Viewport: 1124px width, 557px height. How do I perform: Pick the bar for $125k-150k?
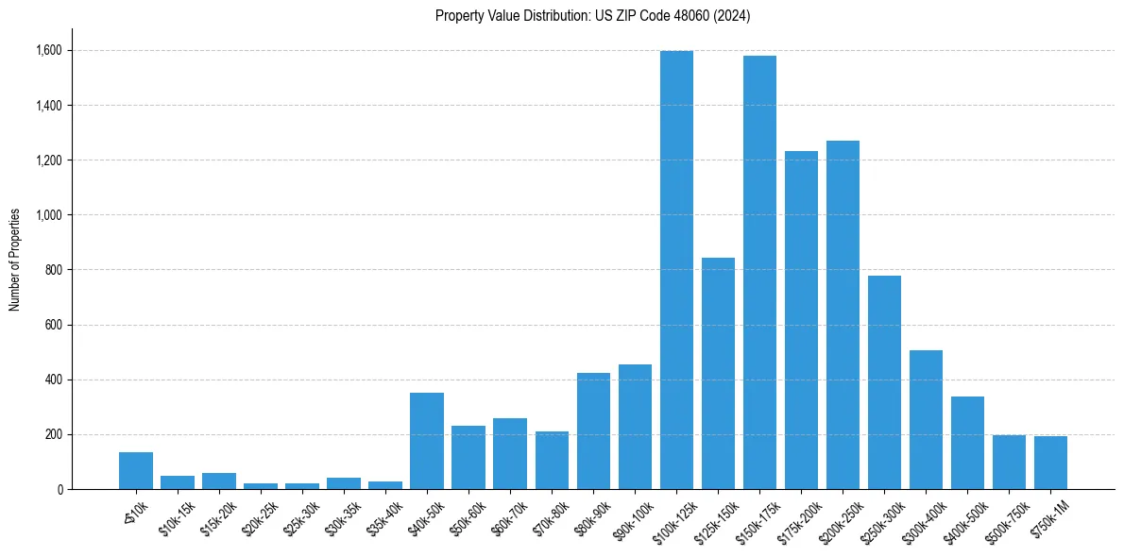(718, 373)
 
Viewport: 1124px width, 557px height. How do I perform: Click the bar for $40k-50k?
(427, 441)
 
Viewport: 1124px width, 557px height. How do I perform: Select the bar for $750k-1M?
(1050, 463)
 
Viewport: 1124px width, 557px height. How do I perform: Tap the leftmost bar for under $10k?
(136, 470)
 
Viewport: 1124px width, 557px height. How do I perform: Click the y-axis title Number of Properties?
(15, 259)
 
